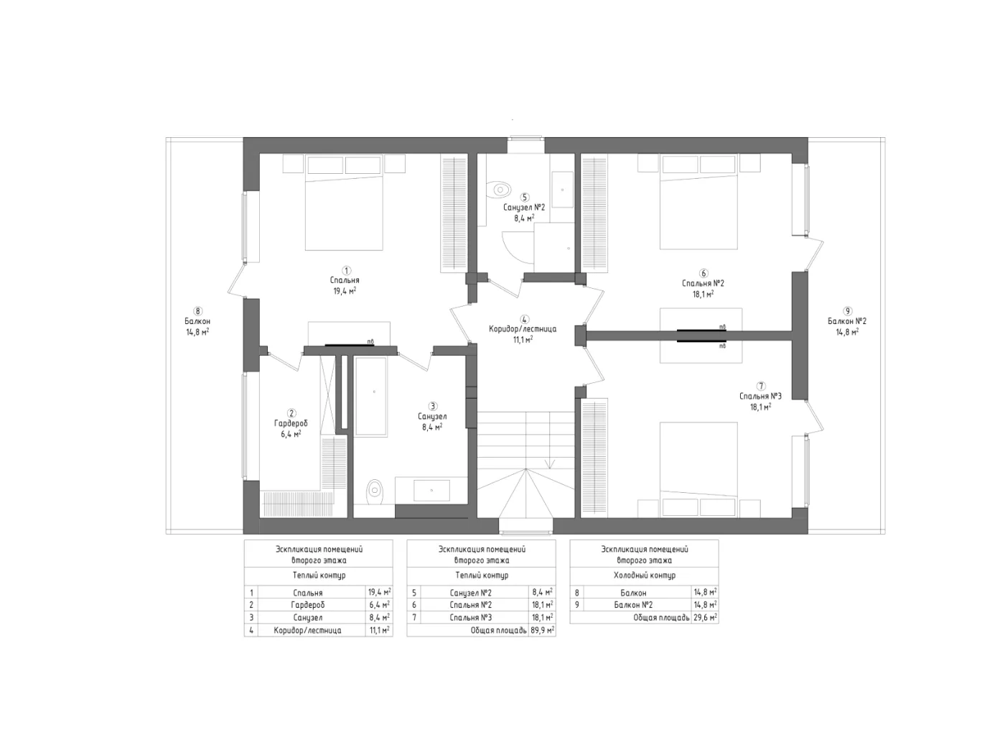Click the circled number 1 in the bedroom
(346, 270)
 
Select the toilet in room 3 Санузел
(374, 491)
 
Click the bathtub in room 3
(371, 397)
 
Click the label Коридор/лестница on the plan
(523, 328)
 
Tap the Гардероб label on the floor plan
(291, 423)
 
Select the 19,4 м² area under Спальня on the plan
(345, 290)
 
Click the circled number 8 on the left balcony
(197, 310)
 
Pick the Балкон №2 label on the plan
(847, 321)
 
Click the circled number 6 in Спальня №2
(703, 273)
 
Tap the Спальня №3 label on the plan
(760, 396)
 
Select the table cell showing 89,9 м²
(542, 630)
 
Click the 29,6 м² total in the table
(705, 617)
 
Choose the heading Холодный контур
(645, 575)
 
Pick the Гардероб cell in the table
(308, 605)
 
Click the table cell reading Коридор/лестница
(308, 630)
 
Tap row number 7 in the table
(413, 617)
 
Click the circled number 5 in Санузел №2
(525, 197)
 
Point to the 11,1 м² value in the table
(380, 630)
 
